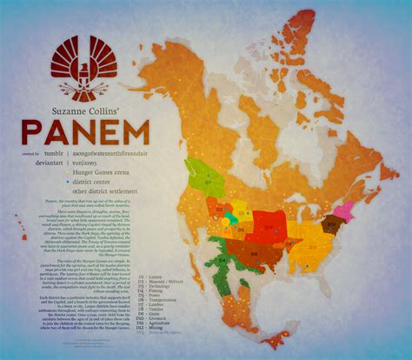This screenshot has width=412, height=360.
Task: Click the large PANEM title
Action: click(x=86, y=130)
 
